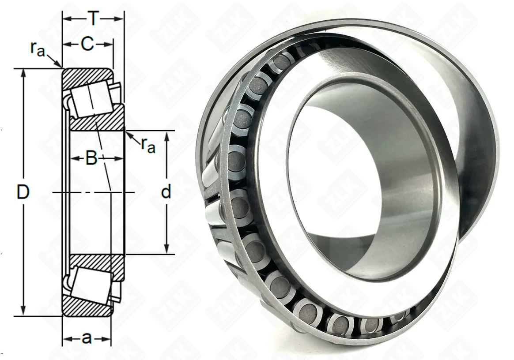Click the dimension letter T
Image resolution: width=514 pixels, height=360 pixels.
[x=94, y=19]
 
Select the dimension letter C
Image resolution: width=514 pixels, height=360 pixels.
[x=87, y=44]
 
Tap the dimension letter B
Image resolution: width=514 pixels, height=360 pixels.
[x=91, y=158]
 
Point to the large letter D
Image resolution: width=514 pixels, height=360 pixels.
[x=23, y=192]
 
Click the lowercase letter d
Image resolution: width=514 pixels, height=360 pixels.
[x=166, y=191]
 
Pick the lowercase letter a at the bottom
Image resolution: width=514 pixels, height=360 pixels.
[x=87, y=338]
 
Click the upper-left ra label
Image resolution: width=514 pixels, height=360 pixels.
[x=38, y=49]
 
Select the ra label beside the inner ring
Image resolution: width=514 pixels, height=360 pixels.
[x=148, y=145]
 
